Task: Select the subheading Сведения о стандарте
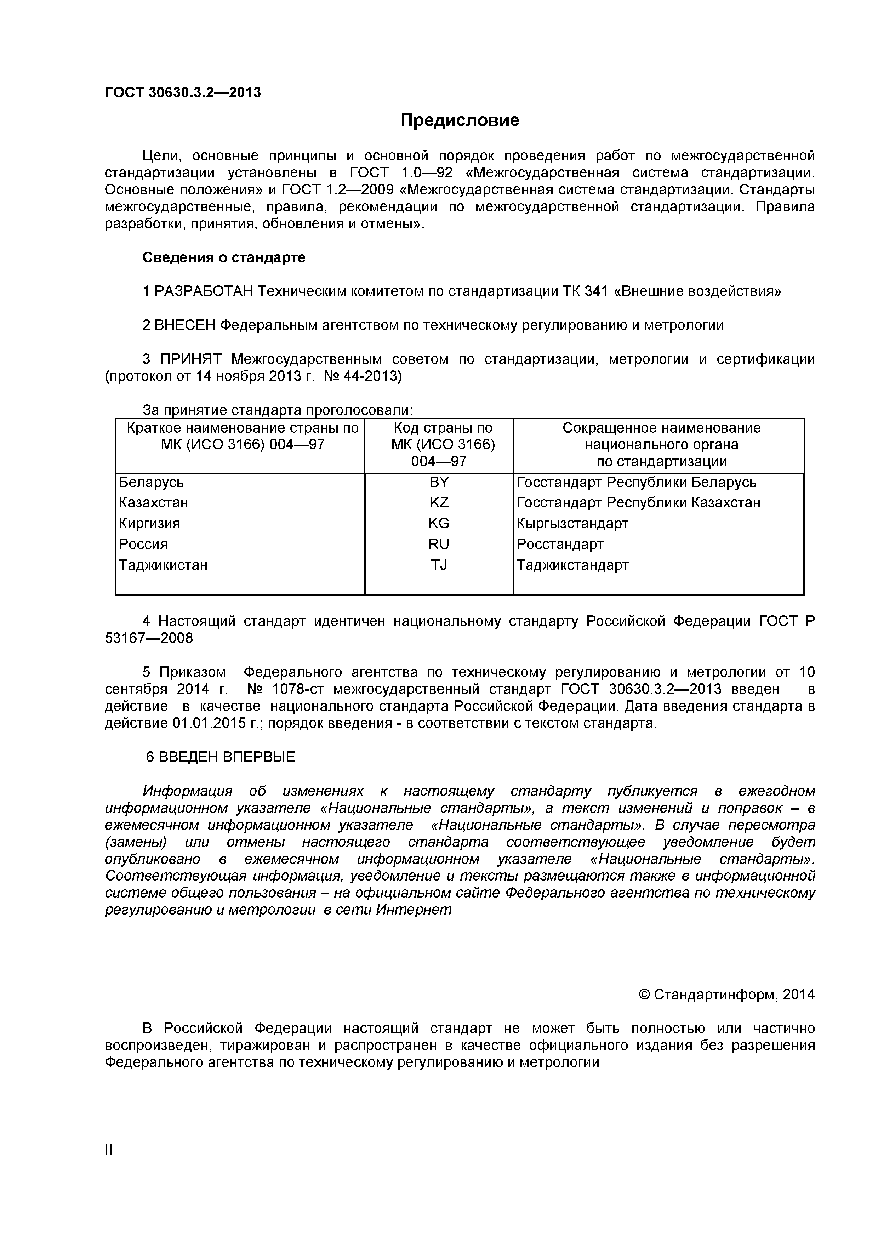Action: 223,257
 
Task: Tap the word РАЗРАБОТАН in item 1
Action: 204,292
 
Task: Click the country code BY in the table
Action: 439,482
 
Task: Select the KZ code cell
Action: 439,502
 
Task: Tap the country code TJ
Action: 439,565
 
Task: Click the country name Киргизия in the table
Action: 149,524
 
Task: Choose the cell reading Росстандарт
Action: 559,544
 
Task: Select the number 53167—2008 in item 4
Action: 149,638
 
